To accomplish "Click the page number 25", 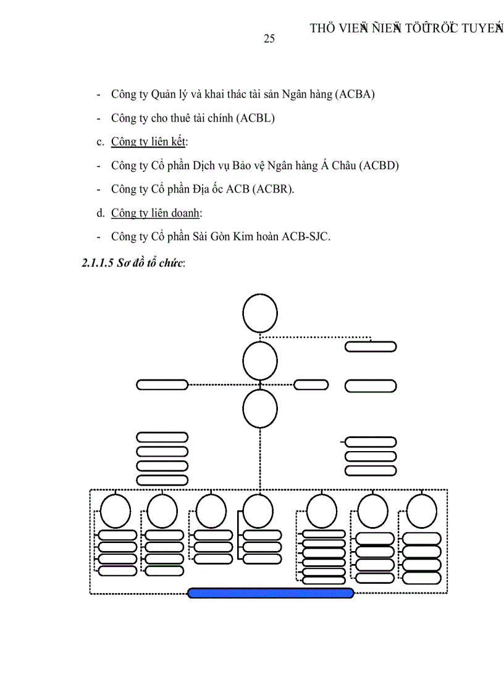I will point(269,39).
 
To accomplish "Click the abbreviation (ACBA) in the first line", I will point(355,95).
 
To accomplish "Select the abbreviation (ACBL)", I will point(255,118).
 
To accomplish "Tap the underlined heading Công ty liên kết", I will point(148,142).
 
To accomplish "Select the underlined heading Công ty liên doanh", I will point(156,213).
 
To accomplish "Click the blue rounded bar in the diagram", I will point(271,593).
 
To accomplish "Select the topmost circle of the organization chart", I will point(260,313).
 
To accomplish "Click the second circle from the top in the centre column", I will point(260,361).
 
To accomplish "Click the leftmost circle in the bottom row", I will point(115,511).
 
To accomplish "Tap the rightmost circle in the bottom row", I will point(422,511).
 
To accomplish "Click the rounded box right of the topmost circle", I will point(371,346).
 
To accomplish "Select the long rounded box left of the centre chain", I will point(162,384).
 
